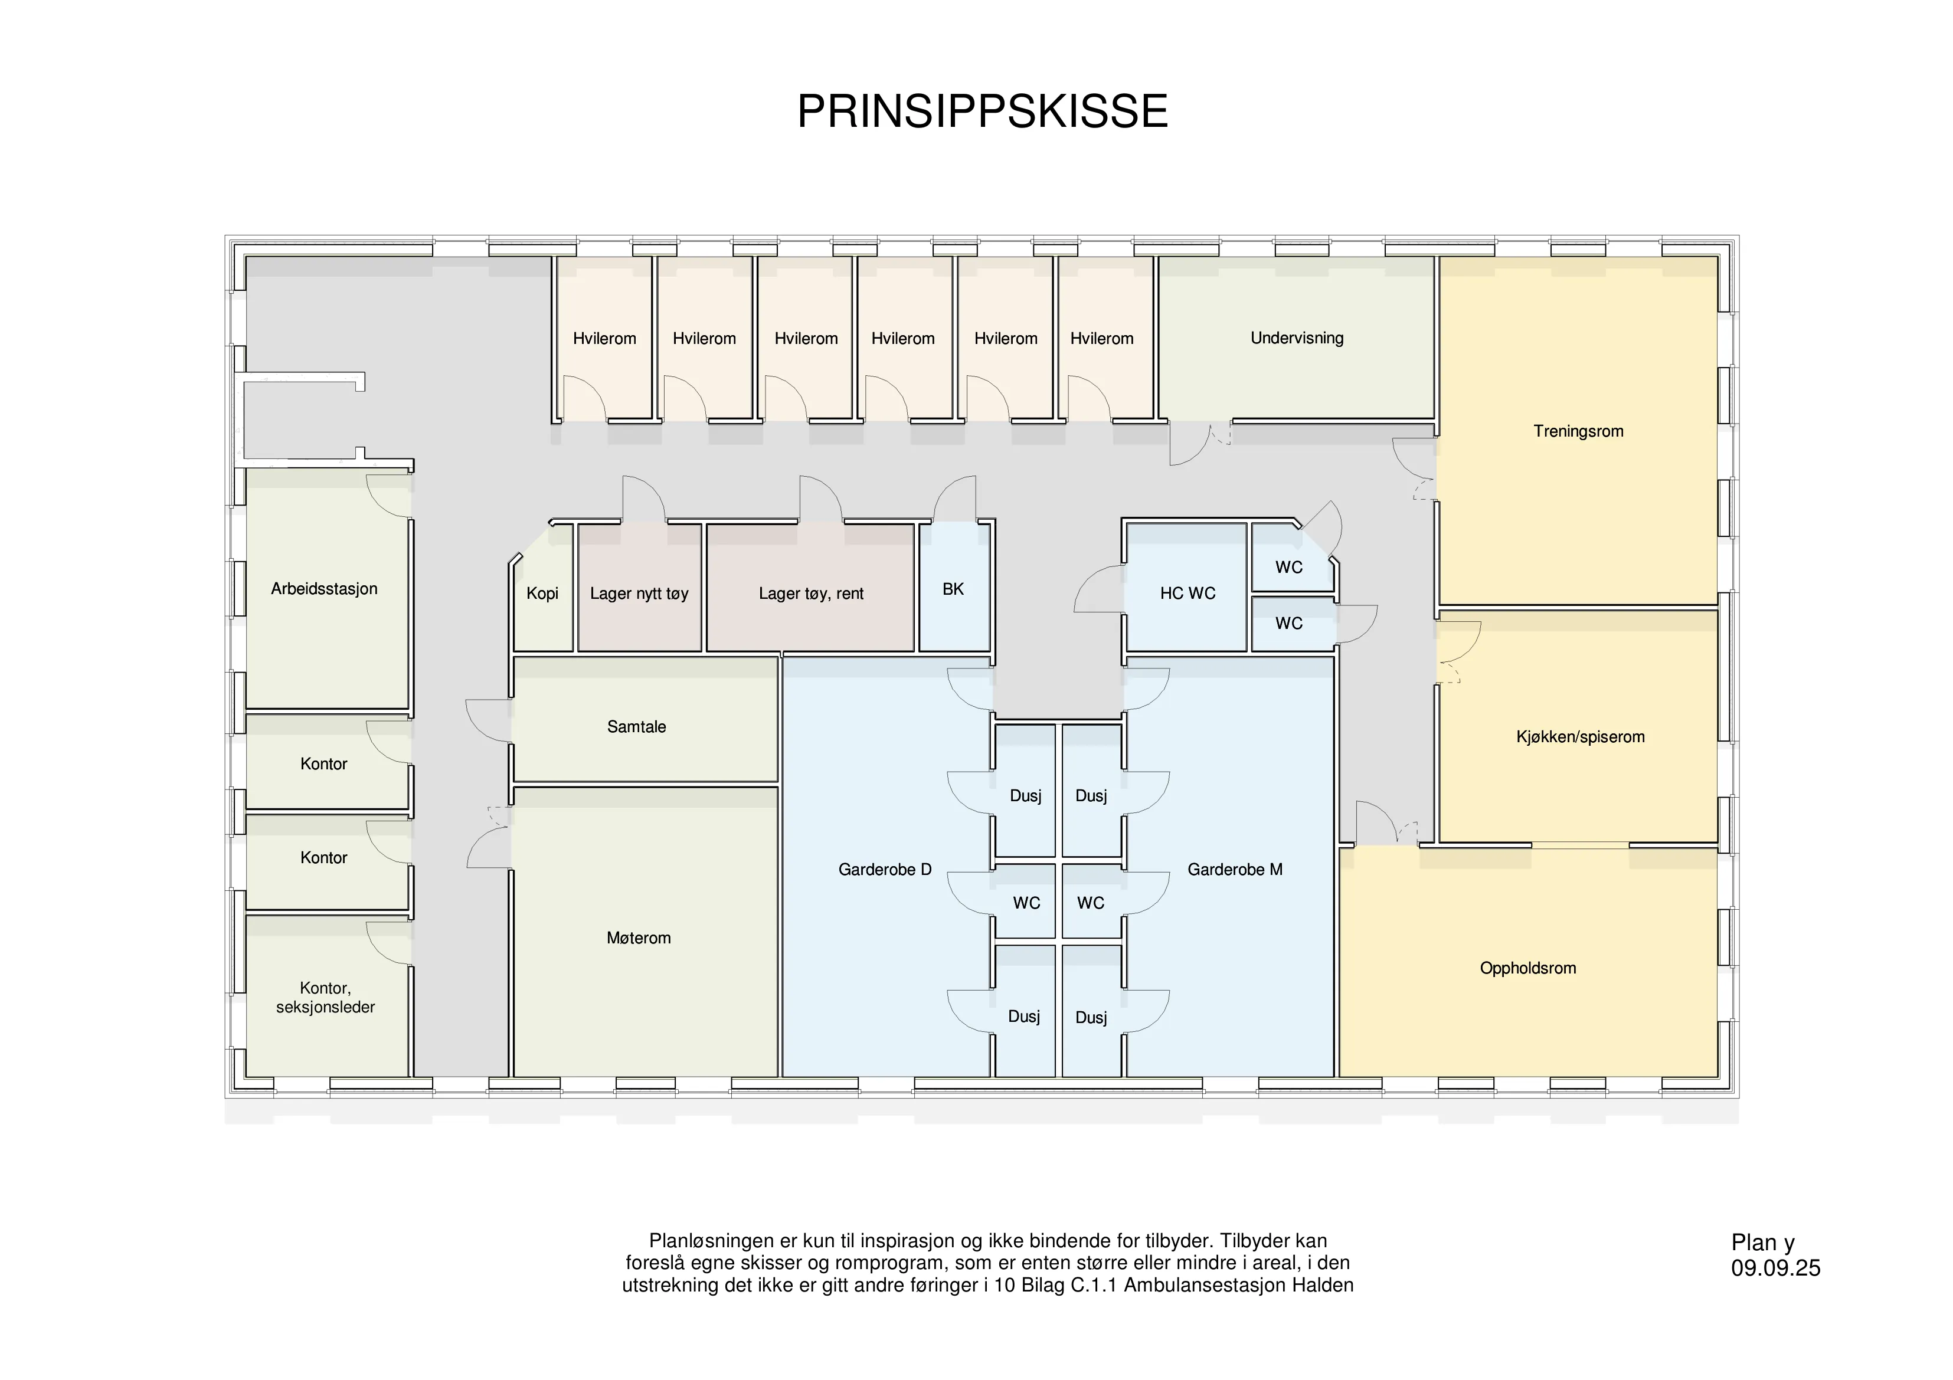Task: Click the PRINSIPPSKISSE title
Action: pos(983,112)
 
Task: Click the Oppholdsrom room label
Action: pos(1527,968)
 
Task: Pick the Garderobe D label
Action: pos(885,870)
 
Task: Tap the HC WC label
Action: pos(1187,594)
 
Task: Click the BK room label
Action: pos(953,589)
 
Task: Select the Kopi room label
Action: pos(542,594)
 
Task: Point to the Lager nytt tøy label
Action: pos(639,594)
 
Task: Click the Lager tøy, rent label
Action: pos(810,594)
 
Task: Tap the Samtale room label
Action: pos(636,727)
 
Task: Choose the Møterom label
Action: pos(639,938)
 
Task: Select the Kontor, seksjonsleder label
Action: pos(325,997)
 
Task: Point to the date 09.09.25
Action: pos(1776,1268)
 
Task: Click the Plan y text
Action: pos(1762,1243)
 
